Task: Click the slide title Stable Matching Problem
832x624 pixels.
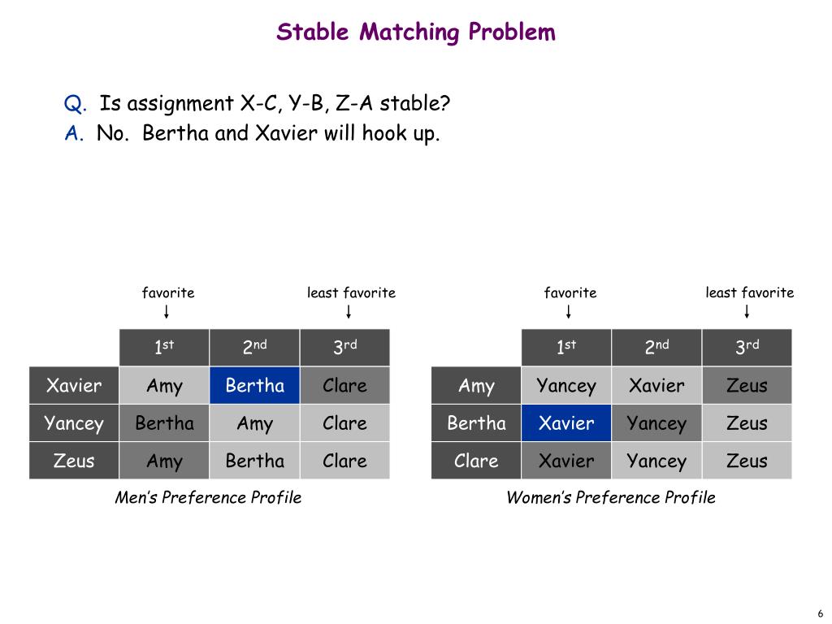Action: click(416, 32)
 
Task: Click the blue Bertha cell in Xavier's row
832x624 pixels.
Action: click(254, 385)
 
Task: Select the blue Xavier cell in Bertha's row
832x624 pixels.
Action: click(566, 423)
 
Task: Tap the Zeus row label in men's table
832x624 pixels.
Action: click(74, 461)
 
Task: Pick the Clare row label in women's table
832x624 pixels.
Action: click(476, 461)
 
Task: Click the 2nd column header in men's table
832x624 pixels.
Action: click(254, 348)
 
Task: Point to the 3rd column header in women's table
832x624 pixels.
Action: click(747, 348)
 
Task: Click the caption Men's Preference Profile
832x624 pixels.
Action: click(208, 497)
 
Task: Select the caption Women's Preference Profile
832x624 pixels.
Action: click(611, 497)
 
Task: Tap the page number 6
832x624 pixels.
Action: click(821, 613)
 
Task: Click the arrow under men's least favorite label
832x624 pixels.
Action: click(349, 312)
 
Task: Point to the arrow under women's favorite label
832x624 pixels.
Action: click(569, 312)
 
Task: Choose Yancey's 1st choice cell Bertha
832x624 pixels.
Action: click(164, 423)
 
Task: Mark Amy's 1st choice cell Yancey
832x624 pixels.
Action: click(566, 385)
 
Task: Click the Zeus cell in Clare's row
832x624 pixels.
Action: click(747, 461)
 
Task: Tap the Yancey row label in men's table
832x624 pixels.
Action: click(74, 423)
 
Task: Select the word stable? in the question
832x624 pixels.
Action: click(415, 104)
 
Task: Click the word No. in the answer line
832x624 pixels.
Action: click(113, 133)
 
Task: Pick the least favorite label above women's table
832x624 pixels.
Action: click(749, 292)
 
